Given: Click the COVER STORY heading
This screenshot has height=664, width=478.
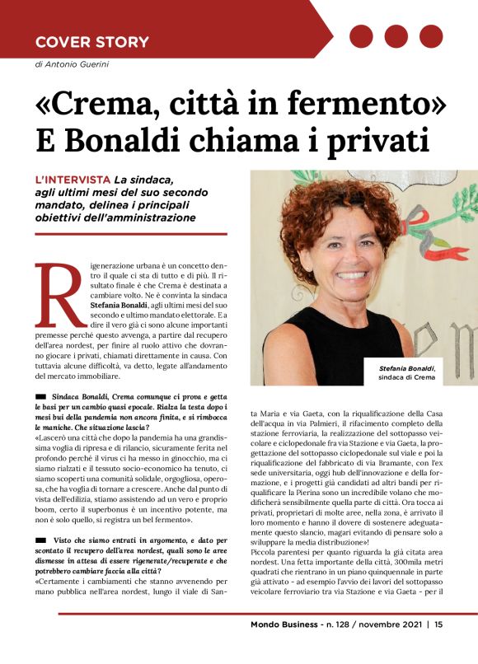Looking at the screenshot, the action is (x=91, y=42).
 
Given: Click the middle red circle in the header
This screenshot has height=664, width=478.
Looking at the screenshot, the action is (x=396, y=36).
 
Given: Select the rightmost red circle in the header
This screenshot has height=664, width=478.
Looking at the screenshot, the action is (x=431, y=36).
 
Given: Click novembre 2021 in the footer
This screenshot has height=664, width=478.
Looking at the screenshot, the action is (x=387, y=646).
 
